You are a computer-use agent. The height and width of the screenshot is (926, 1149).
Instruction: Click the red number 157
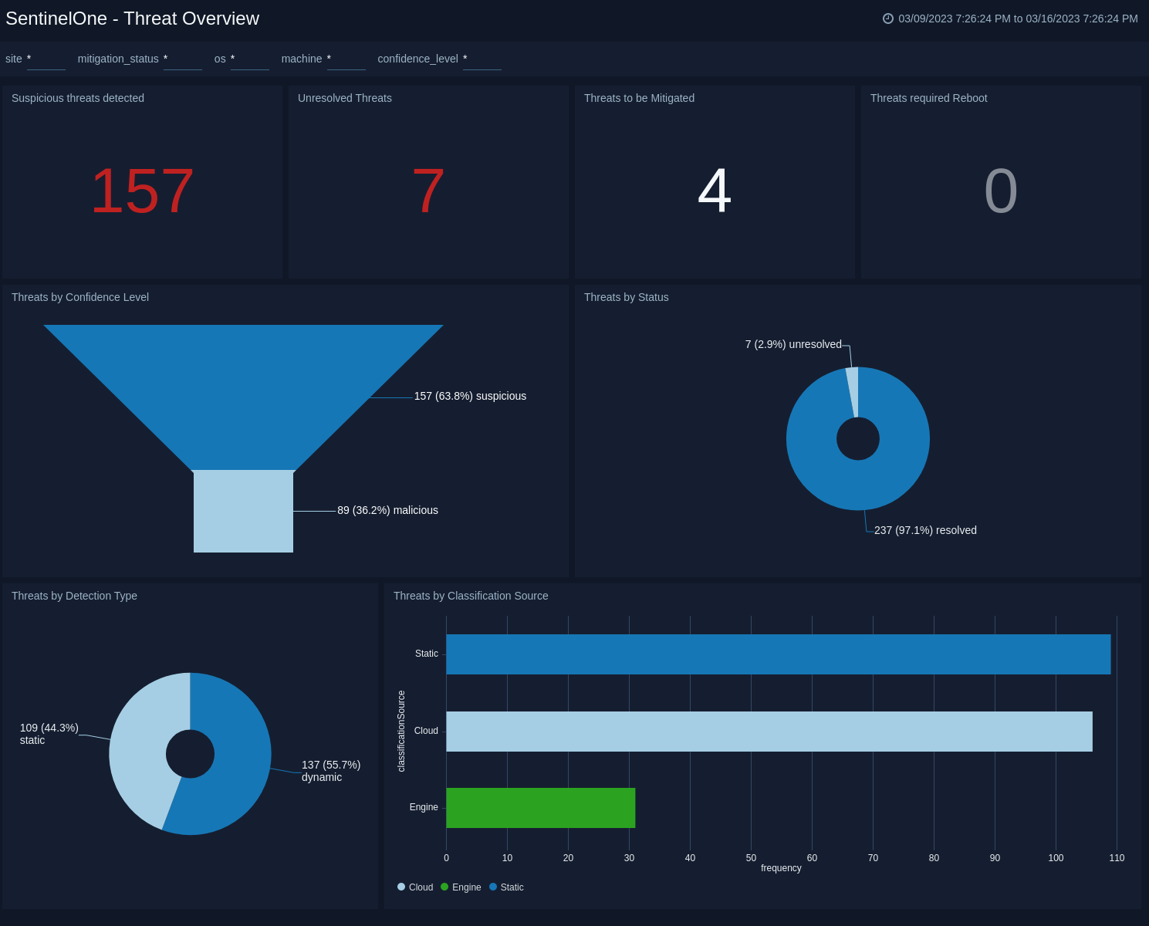pyautogui.click(x=142, y=191)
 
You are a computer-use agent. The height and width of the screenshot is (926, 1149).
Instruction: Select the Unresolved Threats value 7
pyautogui.click(x=428, y=191)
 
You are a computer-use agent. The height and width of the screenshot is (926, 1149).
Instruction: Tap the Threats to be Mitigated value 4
pyautogui.click(x=715, y=191)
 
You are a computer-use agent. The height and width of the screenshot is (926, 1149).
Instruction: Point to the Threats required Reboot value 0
pyautogui.click(x=1001, y=191)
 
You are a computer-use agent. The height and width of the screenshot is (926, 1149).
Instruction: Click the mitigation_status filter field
pyautogui.click(x=182, y=59)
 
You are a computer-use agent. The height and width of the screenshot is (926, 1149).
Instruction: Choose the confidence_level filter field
pyautogui.click(x=482, y=59)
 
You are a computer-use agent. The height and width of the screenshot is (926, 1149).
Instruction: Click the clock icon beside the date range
pyautogui.click(x=888, y=19)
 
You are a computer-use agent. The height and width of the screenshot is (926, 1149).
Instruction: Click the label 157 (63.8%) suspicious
pyautogui.click(x=470, y=396)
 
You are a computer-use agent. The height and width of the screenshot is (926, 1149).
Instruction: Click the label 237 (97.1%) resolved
pyautogui.click(x=925, y=530)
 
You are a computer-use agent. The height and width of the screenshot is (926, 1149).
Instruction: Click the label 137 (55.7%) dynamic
pyautogui.click(x=330, y=770)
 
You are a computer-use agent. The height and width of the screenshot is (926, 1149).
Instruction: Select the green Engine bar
pyautogui.click(x=540, y=808)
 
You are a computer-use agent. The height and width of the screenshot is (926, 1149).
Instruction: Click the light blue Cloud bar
pyautogui.click(x=769, y=732)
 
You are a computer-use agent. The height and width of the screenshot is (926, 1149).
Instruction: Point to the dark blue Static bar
pyautogui.click(x=778, y=654)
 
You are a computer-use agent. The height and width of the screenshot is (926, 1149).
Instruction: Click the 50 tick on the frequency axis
pyautogui.click(x=751, y=858)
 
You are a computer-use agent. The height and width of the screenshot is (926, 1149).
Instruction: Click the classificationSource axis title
pyautogui.click(x=401, y=731)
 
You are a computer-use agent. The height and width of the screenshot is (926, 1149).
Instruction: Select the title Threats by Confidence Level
pyautogui.click(x=80, y=297)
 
